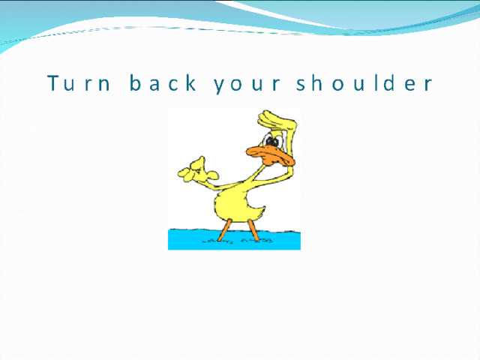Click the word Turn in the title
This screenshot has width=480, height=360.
pos(79,82)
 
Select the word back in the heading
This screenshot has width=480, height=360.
pos(163,82)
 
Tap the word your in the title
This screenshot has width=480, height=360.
pos(247,85)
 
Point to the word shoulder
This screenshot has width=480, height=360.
pos(364,82)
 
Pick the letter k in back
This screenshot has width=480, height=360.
pos(190,82)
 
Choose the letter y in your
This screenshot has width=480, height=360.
pos(220,85)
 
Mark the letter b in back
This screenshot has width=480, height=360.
pos(135,82)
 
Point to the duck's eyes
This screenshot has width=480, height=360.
pos(273,140)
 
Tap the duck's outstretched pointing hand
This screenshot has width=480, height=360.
pos(197,172)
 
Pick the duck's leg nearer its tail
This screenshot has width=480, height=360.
pos(253,230)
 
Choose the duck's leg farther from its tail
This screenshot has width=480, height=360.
pos(223,230)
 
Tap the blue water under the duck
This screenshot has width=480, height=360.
pos(234,239)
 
